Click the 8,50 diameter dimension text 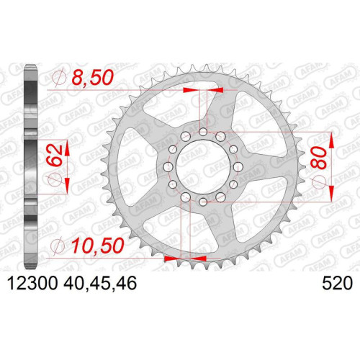tap(92, 78)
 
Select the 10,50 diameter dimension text tap(98, 246)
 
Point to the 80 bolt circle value tap(319, 158)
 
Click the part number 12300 tap(33, 283)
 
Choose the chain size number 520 tap(337, 283)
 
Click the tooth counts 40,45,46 tap(100, 283)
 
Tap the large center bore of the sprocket tap(203, 166)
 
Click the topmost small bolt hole tap(203, 132)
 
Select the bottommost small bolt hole tap(203, 201)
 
